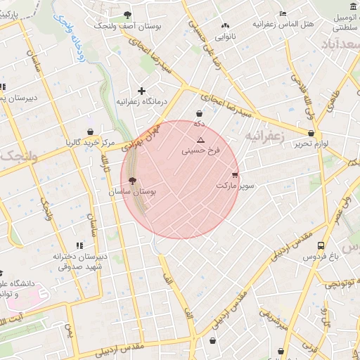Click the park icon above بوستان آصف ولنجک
click(127, 15)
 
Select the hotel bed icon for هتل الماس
click(283, 13)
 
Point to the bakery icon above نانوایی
click(225, 25)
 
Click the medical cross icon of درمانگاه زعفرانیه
click(142, 91)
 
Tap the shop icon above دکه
click(200, 112)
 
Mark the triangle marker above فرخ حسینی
click(200, 141)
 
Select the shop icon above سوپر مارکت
click(235, 175)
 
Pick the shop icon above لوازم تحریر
click(311, 132)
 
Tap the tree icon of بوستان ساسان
click(133, 181)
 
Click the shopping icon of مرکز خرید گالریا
click(90, 131)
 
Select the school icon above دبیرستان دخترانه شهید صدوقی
click(79, 245)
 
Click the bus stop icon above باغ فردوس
click(321, 246)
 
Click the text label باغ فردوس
click(321, 257)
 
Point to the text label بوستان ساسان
click(133, 191)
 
